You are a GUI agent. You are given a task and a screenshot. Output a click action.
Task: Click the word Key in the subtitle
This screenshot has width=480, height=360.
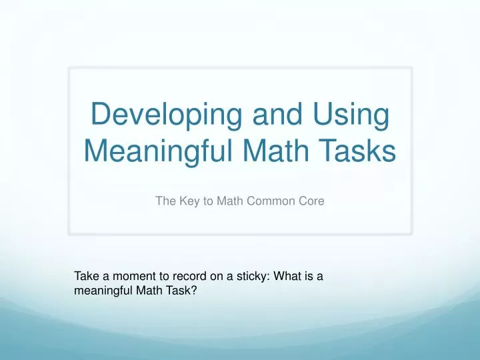pyautogui.click(x=188, y=199)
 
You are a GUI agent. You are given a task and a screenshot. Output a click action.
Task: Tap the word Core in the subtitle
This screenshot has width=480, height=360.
pyautogui.click(x=310, y=199)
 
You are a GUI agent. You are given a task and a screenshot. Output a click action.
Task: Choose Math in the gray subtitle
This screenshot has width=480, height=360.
pyautogui.click(x=229, y=199)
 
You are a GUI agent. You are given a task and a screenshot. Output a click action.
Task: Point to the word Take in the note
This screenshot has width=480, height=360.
pyautogui.click(x=85, y=276)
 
